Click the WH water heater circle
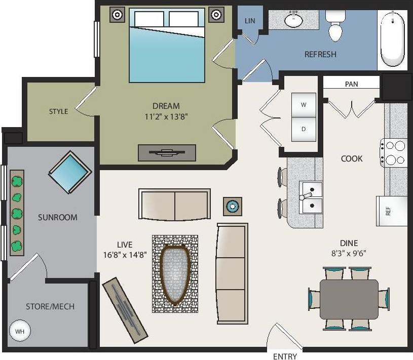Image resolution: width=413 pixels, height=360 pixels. tap(20, 332)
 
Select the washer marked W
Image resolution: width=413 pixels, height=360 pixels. tap(304, 105)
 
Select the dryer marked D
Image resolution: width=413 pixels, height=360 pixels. tap(304, 129)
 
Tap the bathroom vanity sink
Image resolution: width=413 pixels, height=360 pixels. tap(293, 20)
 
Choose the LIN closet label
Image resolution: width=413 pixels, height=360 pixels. tap(250, 21)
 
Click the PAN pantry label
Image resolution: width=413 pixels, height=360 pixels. tap(351, 84)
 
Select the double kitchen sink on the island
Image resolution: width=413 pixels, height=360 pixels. tap(311, 198)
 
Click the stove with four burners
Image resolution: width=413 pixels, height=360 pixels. tap(394, 153)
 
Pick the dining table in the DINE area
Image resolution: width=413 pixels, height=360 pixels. tap(349, 299)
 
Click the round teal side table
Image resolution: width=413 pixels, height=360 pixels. tap(233, 206)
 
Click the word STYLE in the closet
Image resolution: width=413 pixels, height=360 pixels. tap(59, 111)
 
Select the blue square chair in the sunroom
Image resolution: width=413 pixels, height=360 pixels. tap(70, 173)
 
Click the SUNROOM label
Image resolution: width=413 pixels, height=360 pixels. tap(58, 217)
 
